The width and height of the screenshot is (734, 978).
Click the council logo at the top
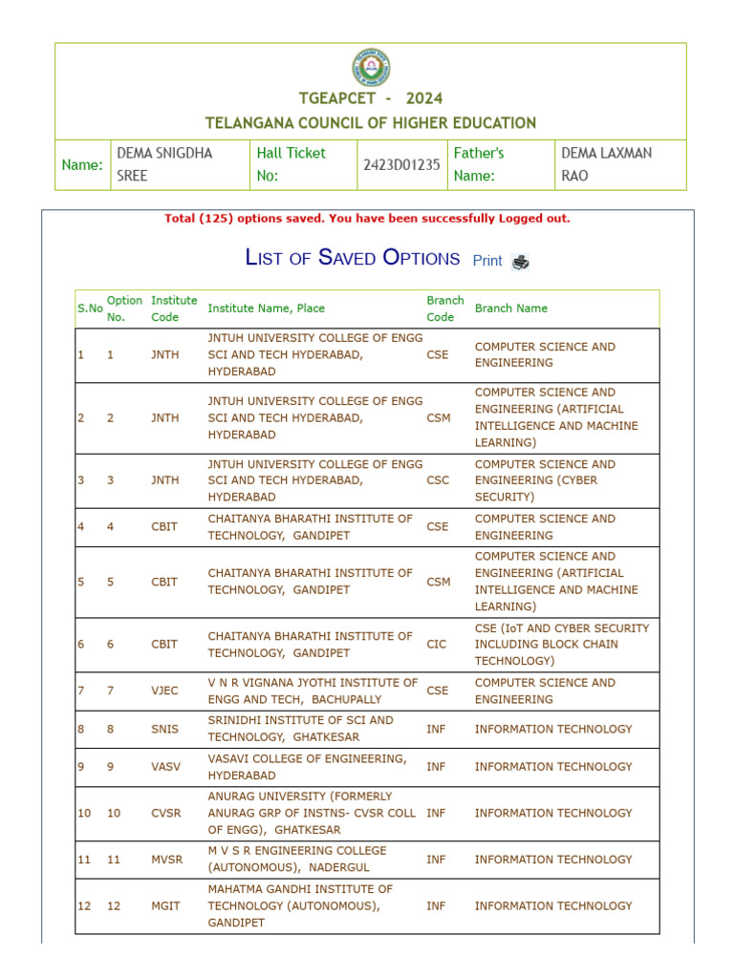pyautogui.click(x=371, y=68)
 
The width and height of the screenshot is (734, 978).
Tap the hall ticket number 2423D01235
pyautogui.click(x=401, y=164)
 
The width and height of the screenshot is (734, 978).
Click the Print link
pyautogui.click(x=487, y=261)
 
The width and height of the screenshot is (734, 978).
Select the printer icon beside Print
pyautogui.click(x=521, y=262)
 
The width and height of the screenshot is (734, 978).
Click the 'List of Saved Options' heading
pyautogui.click(x=353, y=258)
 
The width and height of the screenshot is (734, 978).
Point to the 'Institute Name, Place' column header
pyautogui.click(x=266, y=308)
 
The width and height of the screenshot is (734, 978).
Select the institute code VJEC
pyautogui.click(x=164, y=691)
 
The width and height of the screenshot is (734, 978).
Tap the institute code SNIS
pyautogui.click(x=164, y=729)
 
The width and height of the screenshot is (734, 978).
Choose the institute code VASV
pyautogui.click(x=164, y=767)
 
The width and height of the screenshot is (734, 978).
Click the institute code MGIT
pyautogui.click(x=164, y=905)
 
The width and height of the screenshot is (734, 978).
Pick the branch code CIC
pyautogui.click(x=436, y=645)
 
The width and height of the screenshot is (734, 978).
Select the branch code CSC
pyautogui.click(x=438, y=480)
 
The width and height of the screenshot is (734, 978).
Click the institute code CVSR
pyautogui.click(x=164, y=813)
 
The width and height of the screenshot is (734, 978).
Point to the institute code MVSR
pyautogui.click(x=165, y=860)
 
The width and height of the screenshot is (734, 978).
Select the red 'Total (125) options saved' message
pyautogui.click(x=367, y=219)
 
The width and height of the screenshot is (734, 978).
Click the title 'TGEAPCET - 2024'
pyautogui.click(x=371, y=98)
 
